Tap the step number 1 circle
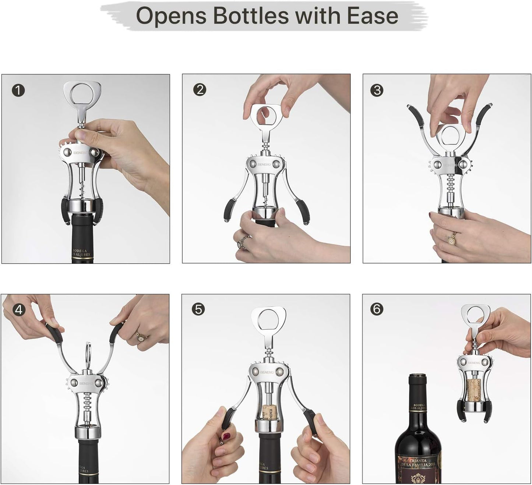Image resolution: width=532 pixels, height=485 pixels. (18, 90)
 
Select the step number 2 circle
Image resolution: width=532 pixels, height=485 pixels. (200, 90)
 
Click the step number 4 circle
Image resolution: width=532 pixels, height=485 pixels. (18, 309)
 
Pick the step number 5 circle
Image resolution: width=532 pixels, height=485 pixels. (198, 309)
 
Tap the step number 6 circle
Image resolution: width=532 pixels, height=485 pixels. (377, 309)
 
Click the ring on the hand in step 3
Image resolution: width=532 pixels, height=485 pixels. (451, 240)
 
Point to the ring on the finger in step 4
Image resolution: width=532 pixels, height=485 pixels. (140, 336)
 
